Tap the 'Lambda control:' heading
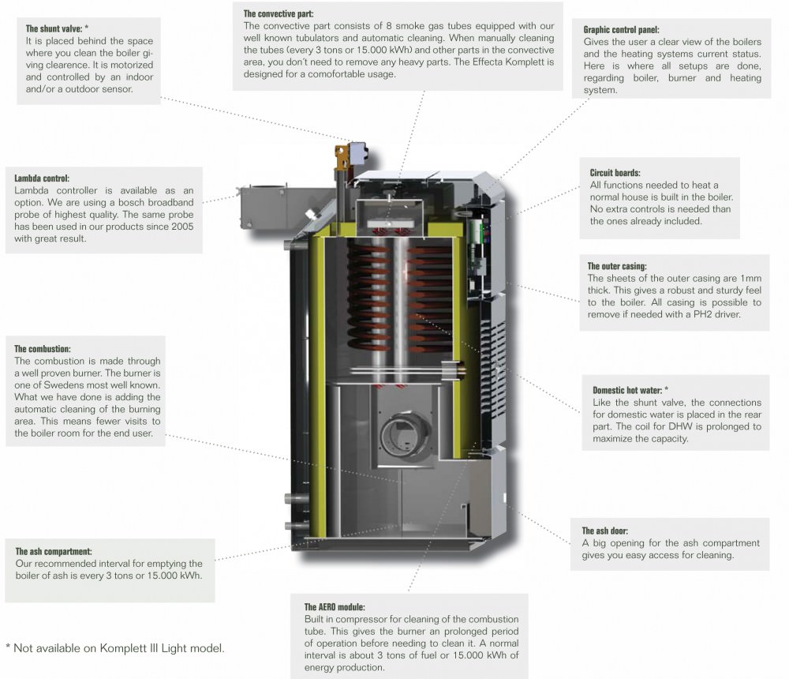(x=47, y=178)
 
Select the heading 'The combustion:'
(x=43, y=348)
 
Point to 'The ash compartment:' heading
(x=54, y=551)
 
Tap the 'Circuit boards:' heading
(x=615, y=172)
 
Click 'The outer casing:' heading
(x=618, y=266)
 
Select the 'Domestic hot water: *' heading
(x=630, y=390)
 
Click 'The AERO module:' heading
(x=335, y=607)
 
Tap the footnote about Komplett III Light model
(x=115, y=648)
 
